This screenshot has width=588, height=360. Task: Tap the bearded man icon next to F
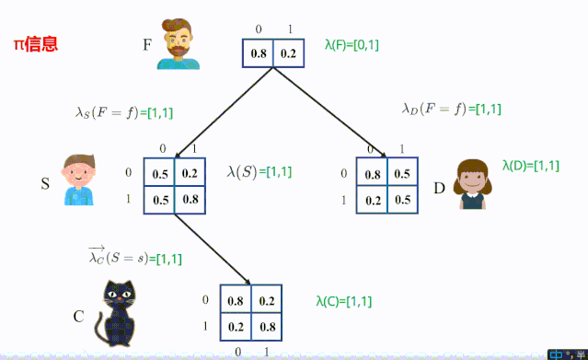(179, 44)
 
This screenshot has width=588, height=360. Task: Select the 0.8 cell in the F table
(259, 54)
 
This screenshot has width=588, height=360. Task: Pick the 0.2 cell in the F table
(287, 54)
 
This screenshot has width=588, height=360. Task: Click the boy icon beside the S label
(78, 180)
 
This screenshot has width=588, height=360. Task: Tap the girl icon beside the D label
(473, 184)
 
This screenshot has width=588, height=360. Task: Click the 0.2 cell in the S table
(189, 173)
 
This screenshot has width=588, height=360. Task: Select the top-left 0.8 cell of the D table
(373, 173)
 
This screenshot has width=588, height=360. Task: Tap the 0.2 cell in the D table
(373, 200)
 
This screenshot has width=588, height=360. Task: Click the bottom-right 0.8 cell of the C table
(266, 327)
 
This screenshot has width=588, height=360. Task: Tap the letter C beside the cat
(79, 318)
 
